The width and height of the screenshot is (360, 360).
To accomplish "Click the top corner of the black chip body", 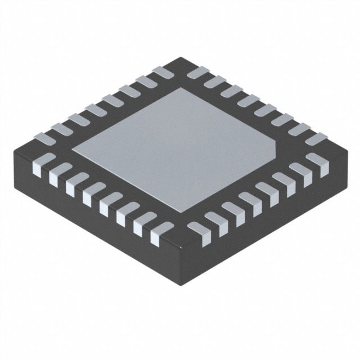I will [x=179, y=56].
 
